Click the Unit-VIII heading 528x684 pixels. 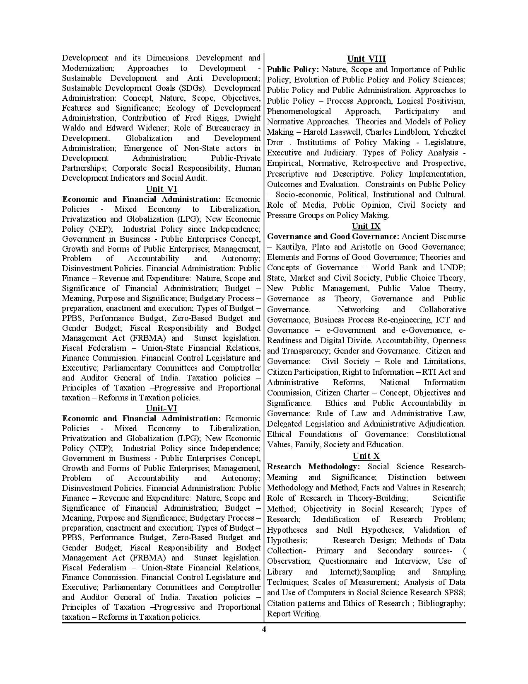366,59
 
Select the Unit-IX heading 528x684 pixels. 366,226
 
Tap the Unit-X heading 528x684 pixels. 366,456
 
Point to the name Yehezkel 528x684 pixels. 449,132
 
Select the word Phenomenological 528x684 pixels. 299,111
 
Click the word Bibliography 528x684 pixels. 441,603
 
